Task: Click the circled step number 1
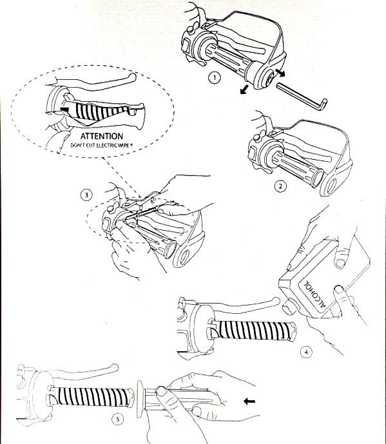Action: click(215, 77)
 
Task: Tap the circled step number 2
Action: click(280, 186)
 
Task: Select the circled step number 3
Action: click(86, 195)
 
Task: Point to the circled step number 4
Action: click(306, 352)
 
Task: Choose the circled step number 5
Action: click(118, 420)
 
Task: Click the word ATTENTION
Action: click(102, 136)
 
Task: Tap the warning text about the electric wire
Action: click(101, 146)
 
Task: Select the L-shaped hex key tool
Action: click(302, 96)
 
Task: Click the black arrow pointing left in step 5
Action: click(249, 401)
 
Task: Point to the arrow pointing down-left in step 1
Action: click(244, 89)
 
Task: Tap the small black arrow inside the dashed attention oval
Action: click(64, 109)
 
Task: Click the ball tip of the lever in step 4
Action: click(276, 301)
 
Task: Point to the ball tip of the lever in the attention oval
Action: click(132, 77)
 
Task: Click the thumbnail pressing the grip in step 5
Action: click(161, 391)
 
